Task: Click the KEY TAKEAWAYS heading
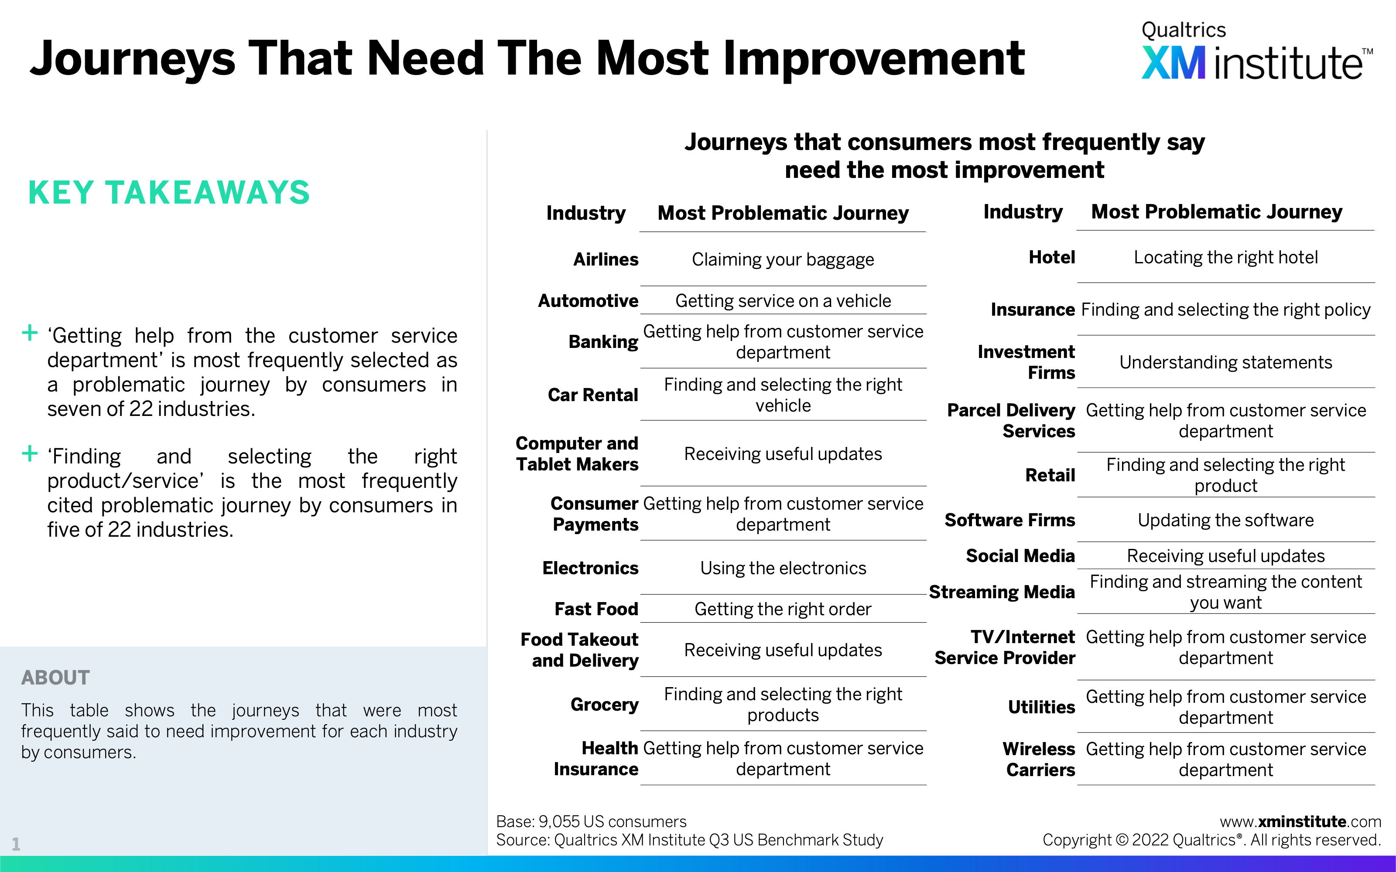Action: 169,192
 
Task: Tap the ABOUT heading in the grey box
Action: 55,677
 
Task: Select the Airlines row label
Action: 606,259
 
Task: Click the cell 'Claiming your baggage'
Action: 783,259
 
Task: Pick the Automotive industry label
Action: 588,300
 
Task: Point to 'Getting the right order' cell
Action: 783,609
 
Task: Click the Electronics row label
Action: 590,568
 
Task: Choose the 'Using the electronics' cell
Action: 783,568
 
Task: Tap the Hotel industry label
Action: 1052,257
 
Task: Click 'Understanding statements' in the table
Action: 1226,362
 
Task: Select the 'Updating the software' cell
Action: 1226,520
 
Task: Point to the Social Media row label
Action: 1020,556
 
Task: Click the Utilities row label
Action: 1041,707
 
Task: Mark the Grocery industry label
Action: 605,705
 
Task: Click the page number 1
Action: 16,845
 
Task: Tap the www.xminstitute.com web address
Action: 1300,821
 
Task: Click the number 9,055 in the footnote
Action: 558,822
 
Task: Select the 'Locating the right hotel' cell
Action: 1226,257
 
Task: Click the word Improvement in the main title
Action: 873,58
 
